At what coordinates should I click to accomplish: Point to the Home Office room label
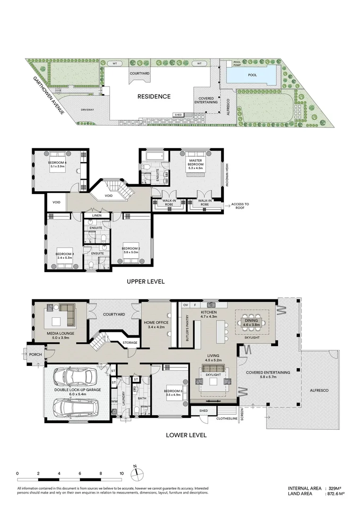[x=155, y=324]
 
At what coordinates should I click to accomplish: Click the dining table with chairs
[x=251, y=322]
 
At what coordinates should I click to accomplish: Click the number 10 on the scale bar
[x=121, y=473]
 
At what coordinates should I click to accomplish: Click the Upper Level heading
[x=145, y=281]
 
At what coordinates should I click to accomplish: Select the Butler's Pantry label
[x=188, y=324]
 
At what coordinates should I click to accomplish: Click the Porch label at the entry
[x=35, y=354]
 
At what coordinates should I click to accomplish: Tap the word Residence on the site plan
[x=154, y=96]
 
